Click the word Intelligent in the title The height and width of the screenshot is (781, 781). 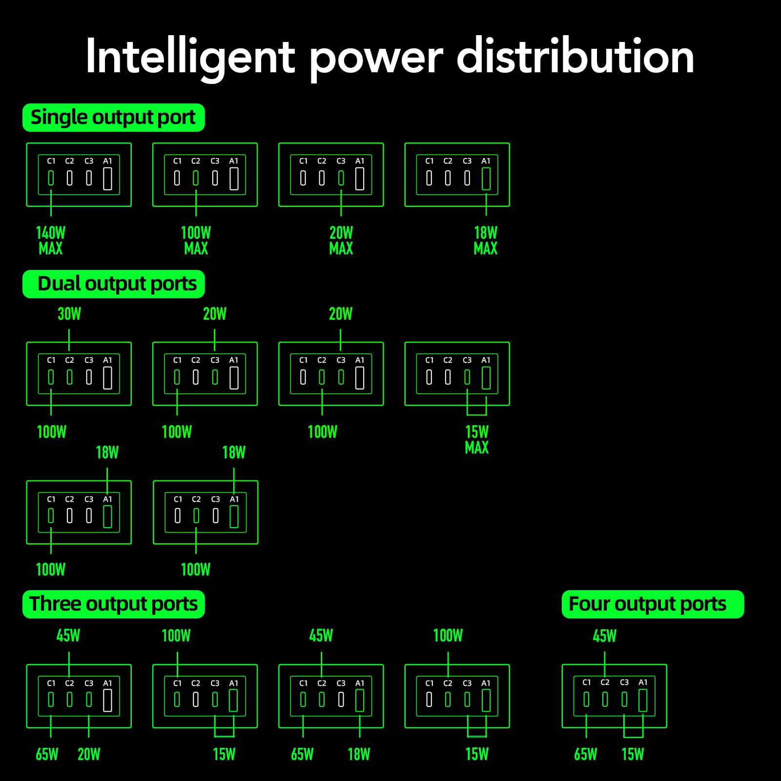coord(190,58)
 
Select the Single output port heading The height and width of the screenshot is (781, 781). coord(113,118)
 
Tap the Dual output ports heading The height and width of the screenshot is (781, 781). coord(113,284)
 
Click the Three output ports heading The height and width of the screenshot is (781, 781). coord(113,604)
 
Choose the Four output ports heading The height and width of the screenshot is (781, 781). coord(653,604)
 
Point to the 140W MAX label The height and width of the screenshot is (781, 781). coord(51,241)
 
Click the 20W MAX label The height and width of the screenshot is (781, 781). coord(341,241)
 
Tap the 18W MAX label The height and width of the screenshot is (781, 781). coord(486,241)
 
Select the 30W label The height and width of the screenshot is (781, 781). coord(69,314)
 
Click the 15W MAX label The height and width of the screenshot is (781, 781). coord(477,439)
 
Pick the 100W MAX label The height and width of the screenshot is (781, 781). coord(196,241)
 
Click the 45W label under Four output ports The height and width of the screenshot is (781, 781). coord(605,636)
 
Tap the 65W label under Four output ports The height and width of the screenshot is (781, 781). coord(586,754)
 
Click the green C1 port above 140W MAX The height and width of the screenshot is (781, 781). coord(51,178)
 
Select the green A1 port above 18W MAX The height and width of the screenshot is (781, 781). coord(486,179)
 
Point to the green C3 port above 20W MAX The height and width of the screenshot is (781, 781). coord(341,178)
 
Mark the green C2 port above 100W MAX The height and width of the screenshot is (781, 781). coord(196,178)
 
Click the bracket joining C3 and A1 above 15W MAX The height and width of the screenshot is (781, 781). coord(477,414)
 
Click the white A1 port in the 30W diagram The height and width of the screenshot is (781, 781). coord(108,378)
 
